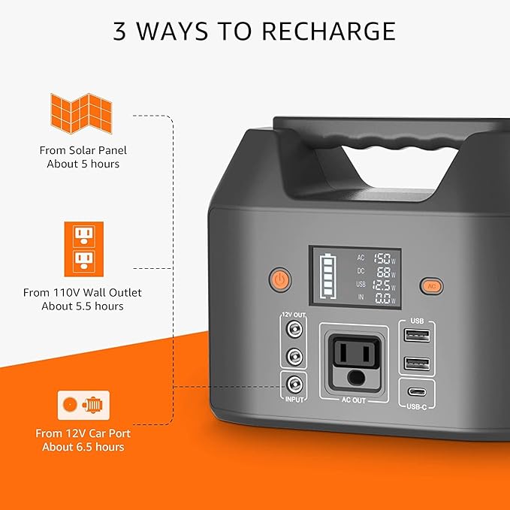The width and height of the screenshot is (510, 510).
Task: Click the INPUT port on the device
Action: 294,385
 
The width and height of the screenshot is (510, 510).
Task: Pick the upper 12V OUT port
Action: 294,328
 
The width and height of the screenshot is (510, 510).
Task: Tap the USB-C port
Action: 417,391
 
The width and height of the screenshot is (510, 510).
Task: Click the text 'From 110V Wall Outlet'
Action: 82,292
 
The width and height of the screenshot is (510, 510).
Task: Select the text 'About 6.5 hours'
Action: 83,447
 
